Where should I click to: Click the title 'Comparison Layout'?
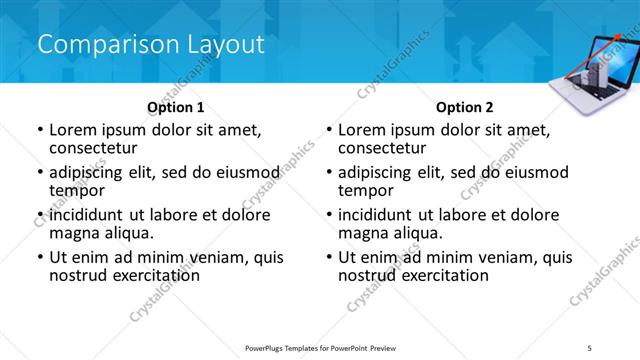click(x=150, y=44)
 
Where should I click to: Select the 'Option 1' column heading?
click(x=176, y=107)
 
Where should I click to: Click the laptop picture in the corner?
click(x=595, y=72)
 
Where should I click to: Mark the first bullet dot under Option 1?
click(x=40, y=130)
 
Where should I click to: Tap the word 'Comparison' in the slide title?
click(x=100, y=44)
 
